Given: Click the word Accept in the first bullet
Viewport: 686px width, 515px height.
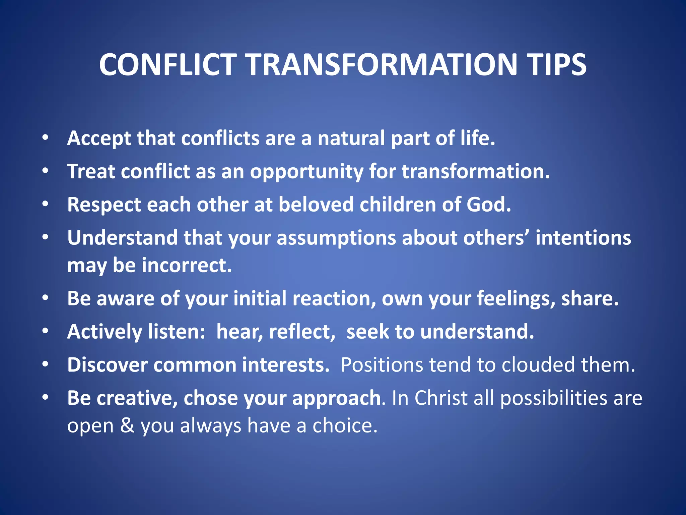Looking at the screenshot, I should [99, 138].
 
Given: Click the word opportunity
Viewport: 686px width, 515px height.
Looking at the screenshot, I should [306, 172].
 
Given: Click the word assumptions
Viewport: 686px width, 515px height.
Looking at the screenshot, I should [336, 238].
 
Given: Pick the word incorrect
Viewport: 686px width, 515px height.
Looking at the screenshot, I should [187, 265].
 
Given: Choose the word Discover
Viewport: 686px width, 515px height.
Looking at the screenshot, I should [107, 365].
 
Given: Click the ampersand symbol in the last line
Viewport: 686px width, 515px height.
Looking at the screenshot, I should [127, 426].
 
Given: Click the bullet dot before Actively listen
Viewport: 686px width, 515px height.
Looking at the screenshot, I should [46, 331].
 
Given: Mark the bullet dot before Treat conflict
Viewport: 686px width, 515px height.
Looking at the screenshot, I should [46, 171].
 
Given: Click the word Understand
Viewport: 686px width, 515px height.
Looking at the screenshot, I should [122, 238].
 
